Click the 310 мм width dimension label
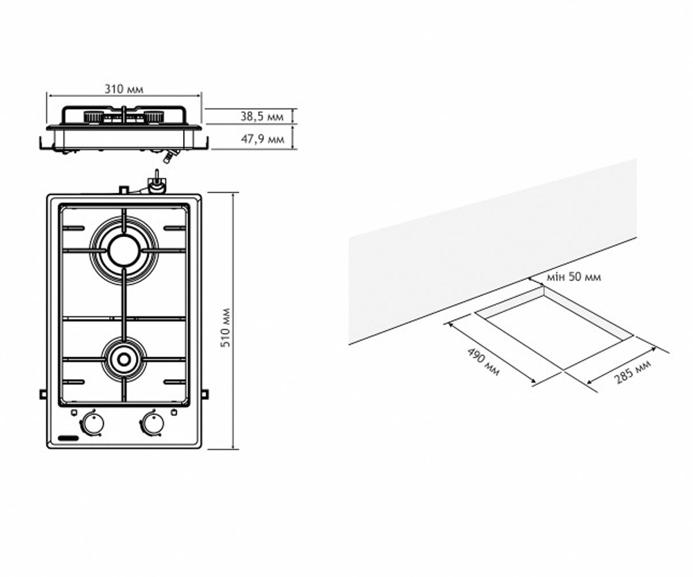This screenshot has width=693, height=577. [x=124, y=89]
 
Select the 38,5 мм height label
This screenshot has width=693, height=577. [x=262, y=117]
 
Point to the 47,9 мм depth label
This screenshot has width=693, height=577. [x=263, y=139]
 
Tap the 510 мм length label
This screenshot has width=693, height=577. [x=226, y=328]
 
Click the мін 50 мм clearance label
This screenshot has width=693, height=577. [x=574, y=276]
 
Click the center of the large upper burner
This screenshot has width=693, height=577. [x=124, y=250]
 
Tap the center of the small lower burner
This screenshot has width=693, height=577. [x=124, y=359]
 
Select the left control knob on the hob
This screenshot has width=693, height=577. [x=92, y=424]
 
